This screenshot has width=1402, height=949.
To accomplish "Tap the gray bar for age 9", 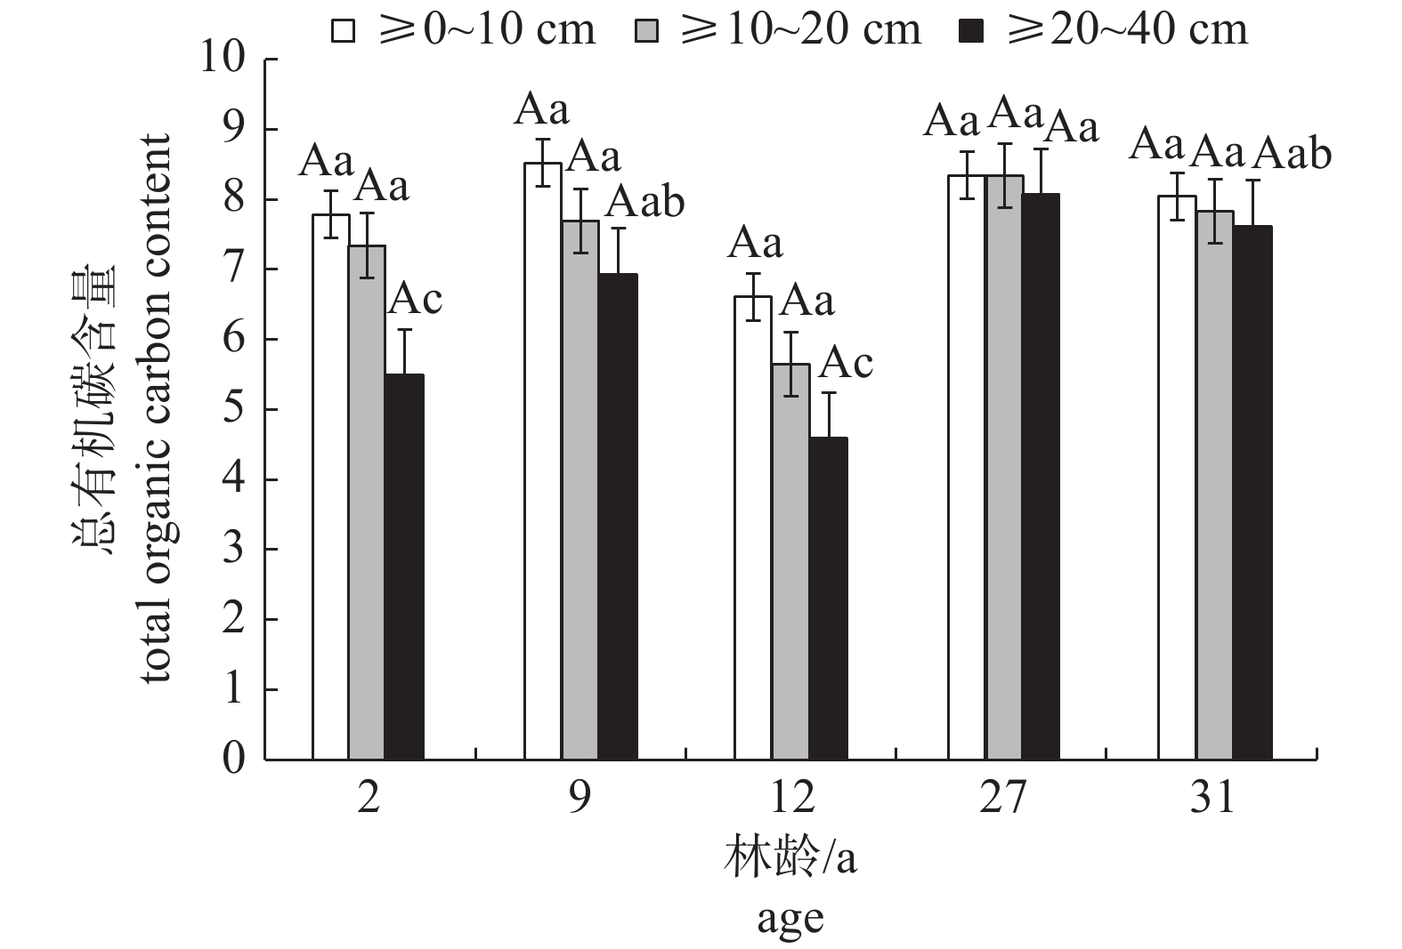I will tap(579, 490).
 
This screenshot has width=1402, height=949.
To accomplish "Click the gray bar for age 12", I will tap(791, 561).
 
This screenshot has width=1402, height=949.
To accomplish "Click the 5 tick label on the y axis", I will tap(232, 410).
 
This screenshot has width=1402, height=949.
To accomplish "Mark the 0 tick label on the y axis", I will tap(232, 760).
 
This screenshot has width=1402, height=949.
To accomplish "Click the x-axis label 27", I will tap(1002, 798).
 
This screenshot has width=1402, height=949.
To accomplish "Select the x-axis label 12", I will tap(791, 798).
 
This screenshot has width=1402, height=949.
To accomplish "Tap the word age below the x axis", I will tap(790, 919).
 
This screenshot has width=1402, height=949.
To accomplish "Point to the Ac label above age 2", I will tap(415, 300).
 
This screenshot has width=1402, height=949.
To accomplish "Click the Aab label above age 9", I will tap(645, 203).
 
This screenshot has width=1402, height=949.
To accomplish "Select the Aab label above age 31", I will tap(1292, 154).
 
